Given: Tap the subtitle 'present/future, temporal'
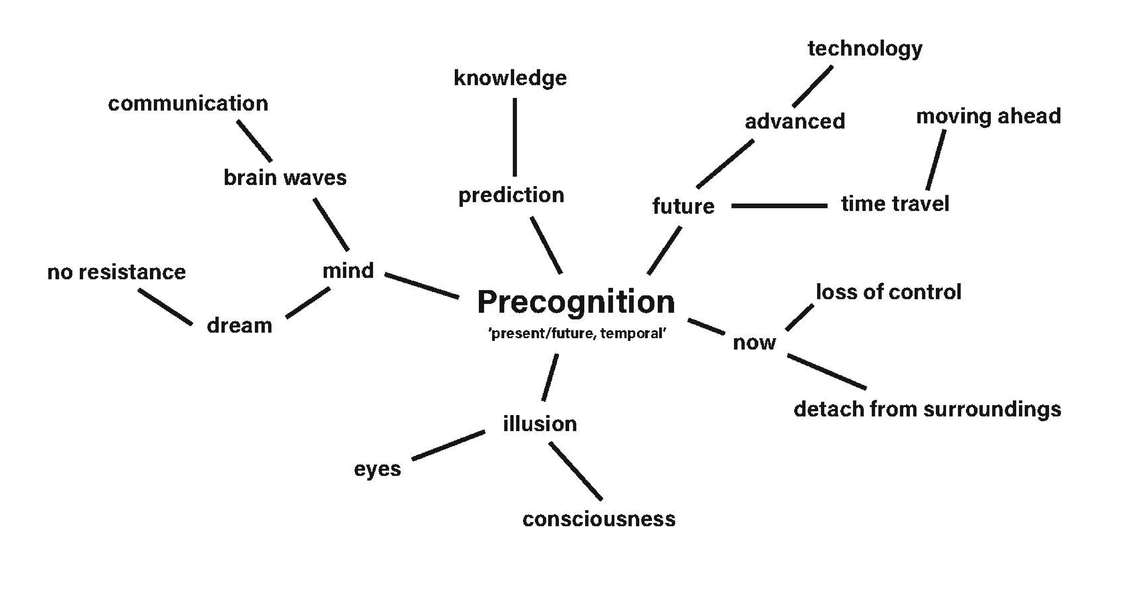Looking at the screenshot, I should coord(577,333).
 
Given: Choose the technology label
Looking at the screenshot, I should coord(865,48).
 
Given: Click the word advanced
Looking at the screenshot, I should coord(795,121).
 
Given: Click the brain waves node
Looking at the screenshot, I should coord(285,178).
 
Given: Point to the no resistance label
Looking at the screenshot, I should coord(116,272).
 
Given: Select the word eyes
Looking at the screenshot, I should coord(377,469).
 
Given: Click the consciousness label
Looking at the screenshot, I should coord(599,519).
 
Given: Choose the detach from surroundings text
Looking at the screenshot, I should coord(927,409).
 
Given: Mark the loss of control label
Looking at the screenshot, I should coord(888,292).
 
